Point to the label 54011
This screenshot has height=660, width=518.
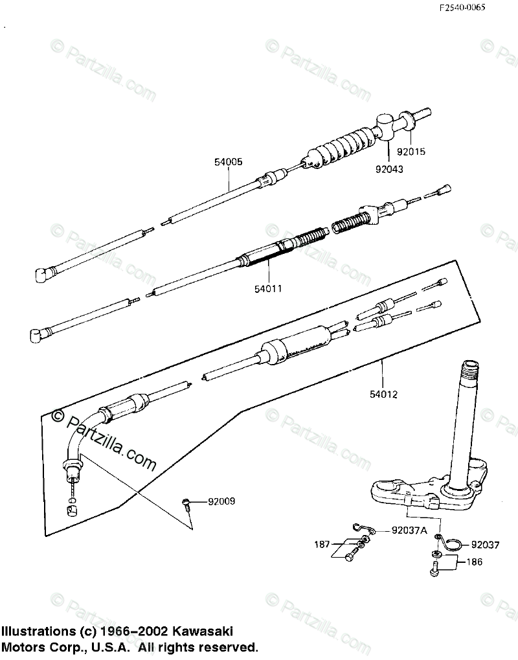point(267,289)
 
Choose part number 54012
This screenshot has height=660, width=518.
point(383,393)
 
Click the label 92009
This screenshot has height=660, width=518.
point(221,501)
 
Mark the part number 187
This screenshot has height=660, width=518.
point(322,544)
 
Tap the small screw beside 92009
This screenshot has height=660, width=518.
point(187,502)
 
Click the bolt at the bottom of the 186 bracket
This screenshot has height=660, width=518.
point(434,569)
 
